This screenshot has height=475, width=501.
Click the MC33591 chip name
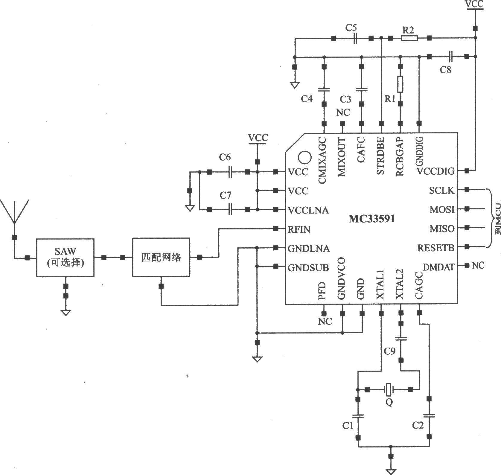point(371,219)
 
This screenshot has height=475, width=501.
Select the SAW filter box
point(65,258)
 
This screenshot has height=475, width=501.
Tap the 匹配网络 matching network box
point(161,257)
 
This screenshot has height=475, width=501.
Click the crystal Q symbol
point(389,389)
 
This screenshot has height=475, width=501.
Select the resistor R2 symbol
point(409,38)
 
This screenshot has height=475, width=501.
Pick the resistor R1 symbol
point(400,84)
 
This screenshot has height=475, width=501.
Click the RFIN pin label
point(299,229)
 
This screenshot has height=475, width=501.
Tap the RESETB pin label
point(436,248)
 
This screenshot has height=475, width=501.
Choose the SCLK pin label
point(442,190)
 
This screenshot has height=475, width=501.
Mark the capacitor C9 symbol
point(401,339)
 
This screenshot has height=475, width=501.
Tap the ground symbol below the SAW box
point(66,313)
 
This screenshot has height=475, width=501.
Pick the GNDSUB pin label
point(308,268)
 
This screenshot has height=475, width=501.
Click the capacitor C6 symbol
point(230,172)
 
